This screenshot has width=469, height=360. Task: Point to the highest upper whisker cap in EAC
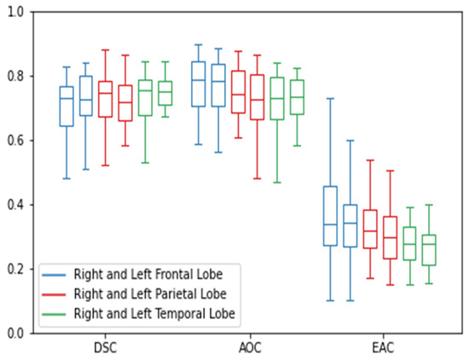tap(329, 98)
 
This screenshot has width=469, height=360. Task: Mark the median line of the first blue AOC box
tap(198, 79)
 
